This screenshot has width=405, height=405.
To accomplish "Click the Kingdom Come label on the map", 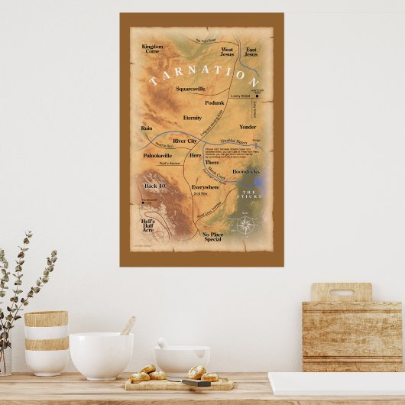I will coord(153,49).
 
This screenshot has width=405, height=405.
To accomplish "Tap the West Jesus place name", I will coord(227,51).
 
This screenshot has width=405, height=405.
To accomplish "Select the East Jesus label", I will coord(251,51).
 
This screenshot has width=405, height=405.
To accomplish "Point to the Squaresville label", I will coord(190,89).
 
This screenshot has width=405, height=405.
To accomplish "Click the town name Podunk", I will coord(215,102).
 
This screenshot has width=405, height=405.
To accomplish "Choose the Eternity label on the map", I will coord(193,118).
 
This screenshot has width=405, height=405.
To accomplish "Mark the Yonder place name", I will coord(248,127).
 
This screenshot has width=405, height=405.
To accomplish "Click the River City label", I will coord(186,141).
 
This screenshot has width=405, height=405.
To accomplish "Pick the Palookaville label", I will coord(158,155).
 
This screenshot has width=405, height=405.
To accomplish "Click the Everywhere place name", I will coord(206,186).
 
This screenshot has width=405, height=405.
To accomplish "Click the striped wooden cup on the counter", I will coord(46,342).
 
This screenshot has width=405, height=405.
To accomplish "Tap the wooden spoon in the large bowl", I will coord(128,326).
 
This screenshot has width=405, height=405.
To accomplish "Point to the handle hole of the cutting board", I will coord(341,291).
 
